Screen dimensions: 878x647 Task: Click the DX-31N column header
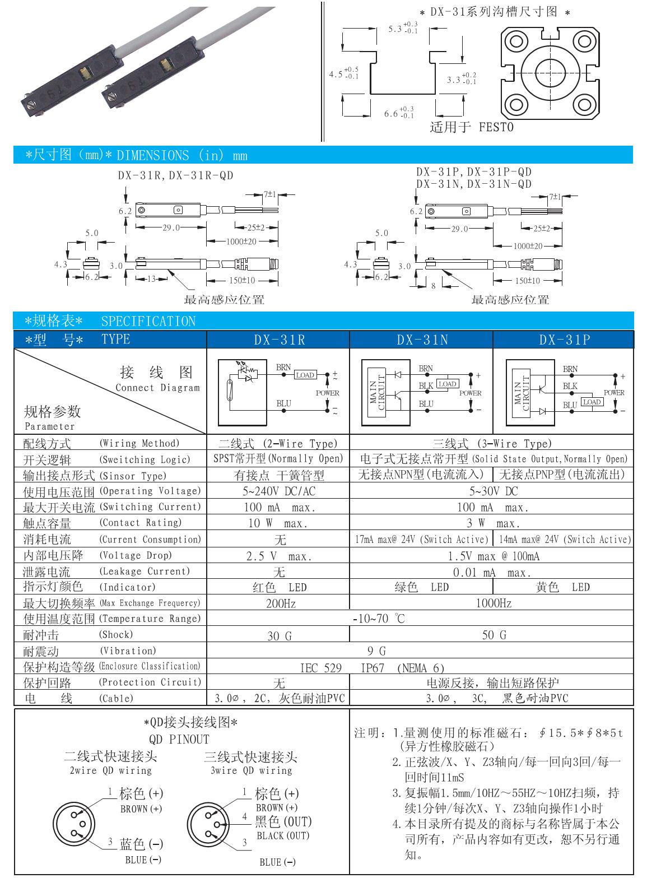[421, 340]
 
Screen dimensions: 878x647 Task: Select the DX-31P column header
[564, 340]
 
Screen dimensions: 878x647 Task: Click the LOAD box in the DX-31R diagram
[305, 375]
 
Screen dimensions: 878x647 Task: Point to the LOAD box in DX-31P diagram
[592, 402]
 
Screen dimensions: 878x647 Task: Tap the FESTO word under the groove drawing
[496, 127]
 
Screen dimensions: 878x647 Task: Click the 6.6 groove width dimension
[390, 114]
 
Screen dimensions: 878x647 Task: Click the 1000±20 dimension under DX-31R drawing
[243, 241]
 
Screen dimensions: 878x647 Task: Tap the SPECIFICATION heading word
[148, 321]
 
